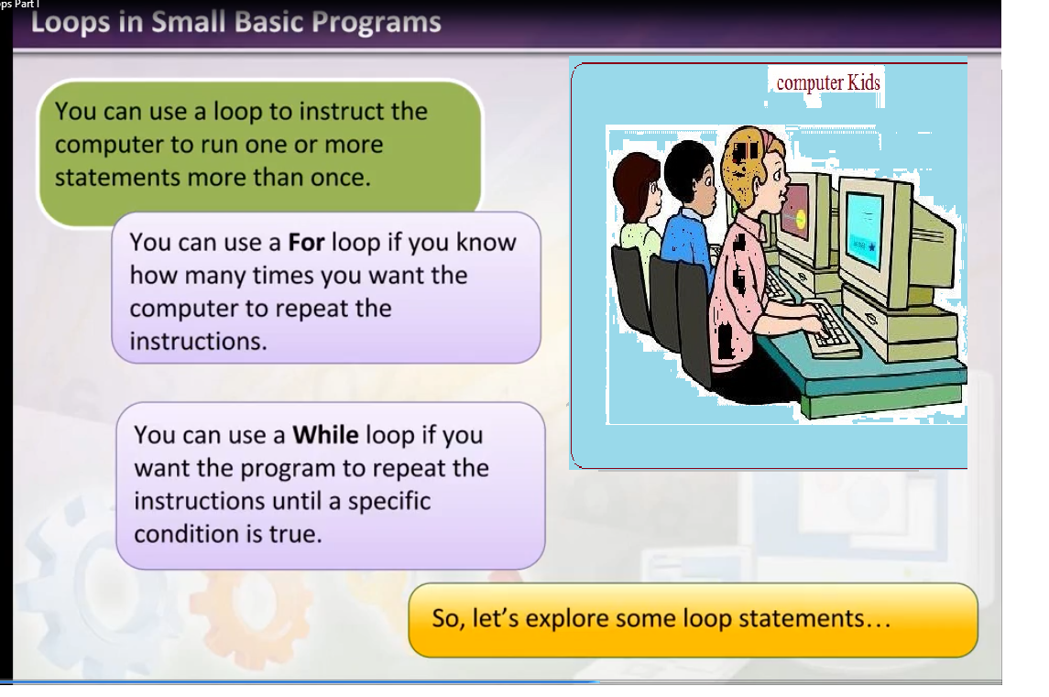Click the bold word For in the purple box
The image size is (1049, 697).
306,242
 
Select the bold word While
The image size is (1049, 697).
326,435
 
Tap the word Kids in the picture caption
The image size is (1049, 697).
864,82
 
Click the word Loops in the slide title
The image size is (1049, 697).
71,23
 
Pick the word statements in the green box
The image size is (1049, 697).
118,178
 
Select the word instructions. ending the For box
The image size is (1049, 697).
198,341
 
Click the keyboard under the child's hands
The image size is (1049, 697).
831,328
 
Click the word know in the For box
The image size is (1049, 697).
486,242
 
